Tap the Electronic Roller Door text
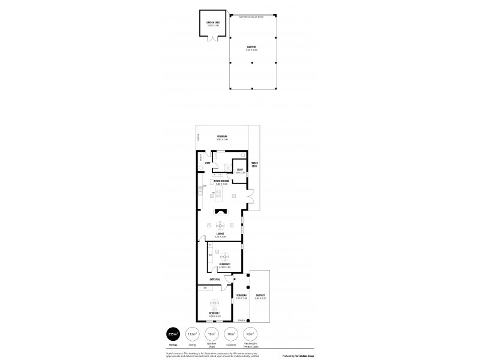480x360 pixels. tap(251, 16)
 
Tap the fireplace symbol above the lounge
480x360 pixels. tap(221, 211)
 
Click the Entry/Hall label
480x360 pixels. tap(215, 280)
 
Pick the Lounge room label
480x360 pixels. tap(221, 234)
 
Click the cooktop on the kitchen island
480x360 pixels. tap(219, 193)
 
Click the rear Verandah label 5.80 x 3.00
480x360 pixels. tap(222, 137)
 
